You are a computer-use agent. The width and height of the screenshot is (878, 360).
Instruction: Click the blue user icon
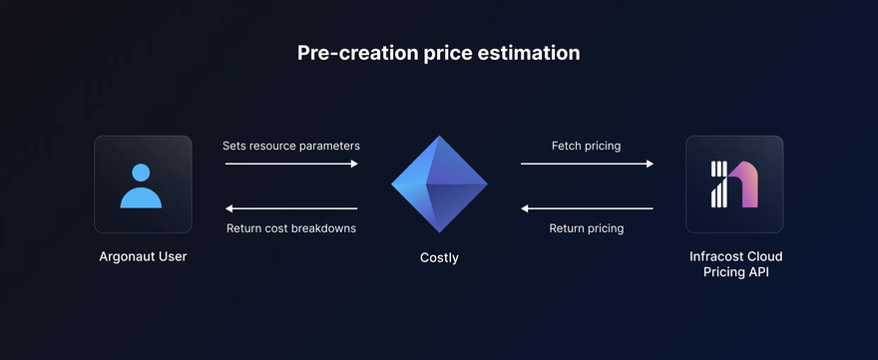point(141,185)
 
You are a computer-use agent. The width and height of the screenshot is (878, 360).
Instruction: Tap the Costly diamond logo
point(439,183)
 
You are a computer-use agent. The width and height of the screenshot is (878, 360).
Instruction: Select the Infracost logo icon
point(734,184)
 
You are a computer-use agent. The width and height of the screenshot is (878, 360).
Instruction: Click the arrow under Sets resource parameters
point(291,164)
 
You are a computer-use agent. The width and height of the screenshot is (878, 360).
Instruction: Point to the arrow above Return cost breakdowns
point(291,208)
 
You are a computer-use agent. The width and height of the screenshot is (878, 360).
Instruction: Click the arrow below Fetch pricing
point(587,164)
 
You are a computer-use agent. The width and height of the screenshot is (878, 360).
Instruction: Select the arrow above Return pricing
point(587,208)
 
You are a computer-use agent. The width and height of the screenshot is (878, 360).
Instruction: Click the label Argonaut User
point(143,257)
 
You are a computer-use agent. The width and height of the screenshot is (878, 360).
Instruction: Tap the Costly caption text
point(439,258)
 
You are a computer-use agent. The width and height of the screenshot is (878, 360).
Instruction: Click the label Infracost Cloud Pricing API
point(735,265)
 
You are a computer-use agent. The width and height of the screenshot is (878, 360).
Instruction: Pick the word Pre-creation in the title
point(357,53)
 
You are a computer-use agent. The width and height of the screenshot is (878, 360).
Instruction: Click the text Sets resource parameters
point(291,147)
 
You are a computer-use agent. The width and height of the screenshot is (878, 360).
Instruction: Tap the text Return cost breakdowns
point(291,228)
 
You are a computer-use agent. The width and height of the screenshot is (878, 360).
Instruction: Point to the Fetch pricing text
point(587,147)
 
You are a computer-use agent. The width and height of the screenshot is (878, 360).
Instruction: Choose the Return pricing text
point(587,228)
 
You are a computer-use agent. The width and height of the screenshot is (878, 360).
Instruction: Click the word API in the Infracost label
point(757,273)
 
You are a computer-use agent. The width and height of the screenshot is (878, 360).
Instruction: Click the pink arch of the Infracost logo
point(743,184)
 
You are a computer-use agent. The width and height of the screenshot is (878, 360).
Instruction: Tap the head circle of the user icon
point(141,173)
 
